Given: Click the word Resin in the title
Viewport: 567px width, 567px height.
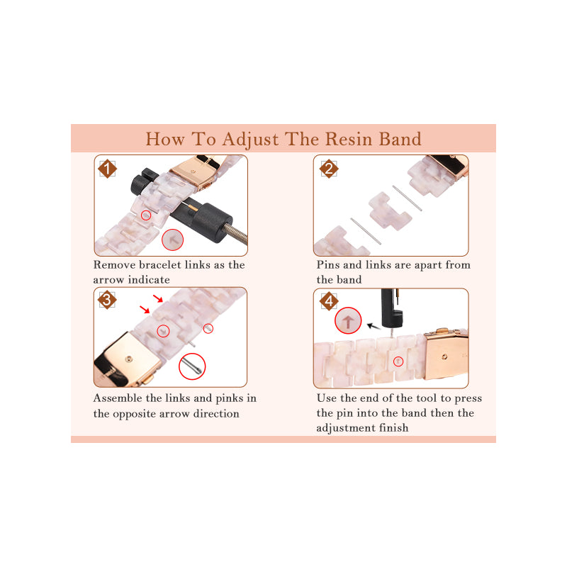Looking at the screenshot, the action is [349, 139].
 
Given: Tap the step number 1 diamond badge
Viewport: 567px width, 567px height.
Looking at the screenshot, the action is [107, 169].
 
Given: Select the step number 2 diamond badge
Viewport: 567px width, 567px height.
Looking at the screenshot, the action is [329, 169].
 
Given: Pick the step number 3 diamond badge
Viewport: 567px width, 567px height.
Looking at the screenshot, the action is [107, 300].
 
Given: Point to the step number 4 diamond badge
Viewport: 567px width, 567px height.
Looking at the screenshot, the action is [329, 301].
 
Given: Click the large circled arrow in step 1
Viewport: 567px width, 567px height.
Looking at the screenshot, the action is [172, 240].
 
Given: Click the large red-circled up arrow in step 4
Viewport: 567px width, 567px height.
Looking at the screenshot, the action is [348, 320].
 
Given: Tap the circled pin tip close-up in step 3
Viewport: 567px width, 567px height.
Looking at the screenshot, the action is [192, 366].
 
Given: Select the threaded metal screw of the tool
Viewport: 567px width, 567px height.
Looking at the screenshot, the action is [236, 233].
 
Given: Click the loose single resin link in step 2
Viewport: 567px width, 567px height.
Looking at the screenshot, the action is [390, 210].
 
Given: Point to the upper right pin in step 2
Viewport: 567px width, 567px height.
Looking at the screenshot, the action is [407, 198].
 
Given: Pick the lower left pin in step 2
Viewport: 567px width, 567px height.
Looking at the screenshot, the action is [366, 231].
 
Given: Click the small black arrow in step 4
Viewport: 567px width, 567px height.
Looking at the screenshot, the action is [374, 327].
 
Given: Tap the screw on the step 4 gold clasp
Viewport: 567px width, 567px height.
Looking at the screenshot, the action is [444, 357].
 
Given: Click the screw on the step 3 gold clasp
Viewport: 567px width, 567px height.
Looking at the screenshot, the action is [128, 359].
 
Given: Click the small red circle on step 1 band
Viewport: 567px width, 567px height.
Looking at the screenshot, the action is [146, 215].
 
